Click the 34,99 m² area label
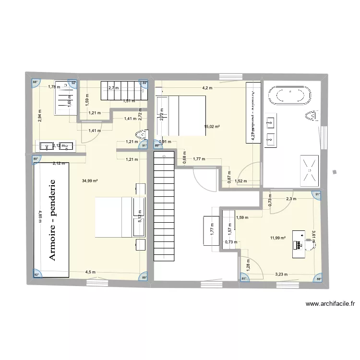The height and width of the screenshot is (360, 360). (x=90, y=181)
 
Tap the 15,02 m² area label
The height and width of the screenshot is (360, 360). (x=212, y=127)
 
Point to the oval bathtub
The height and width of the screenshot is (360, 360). (x=289, y=95)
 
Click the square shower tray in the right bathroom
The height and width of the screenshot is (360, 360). (x=310, y=170)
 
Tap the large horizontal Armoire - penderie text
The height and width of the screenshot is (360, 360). (x=51, y=220)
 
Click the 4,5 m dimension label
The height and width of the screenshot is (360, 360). (x=90, y=273)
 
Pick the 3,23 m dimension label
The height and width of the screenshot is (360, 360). (x=282, y=275)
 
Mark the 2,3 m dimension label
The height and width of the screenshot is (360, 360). (x=291, y=198)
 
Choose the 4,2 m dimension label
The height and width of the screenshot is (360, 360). (x=207, y=88)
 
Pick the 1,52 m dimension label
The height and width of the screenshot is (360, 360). (x=241, y=181)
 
